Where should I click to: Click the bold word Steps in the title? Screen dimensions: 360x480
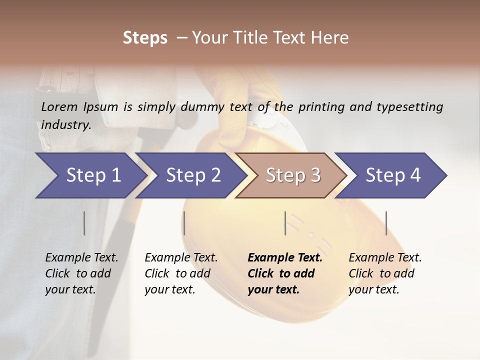(x=145, y=38)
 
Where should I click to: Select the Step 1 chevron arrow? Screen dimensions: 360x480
(x=90, y=175)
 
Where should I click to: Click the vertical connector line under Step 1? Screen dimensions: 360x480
(x=84, y=223)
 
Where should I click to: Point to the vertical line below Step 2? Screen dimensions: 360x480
(x=184, y=223)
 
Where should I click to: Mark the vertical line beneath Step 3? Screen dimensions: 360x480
(x=285, y=223)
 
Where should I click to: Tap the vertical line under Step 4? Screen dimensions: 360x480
(x=386, y=223)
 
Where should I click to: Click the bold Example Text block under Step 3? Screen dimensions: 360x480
(x=284, y=273)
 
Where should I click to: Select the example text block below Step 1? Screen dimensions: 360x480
(x=81, y=273)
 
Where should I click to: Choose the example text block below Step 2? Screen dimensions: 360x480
(x=181, y=273)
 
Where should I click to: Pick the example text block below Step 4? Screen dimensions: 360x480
(x=385, y=273)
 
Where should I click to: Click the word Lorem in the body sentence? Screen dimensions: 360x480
(x=59, y=107)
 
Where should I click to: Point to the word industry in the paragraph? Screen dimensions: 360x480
(x=66, y=125)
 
